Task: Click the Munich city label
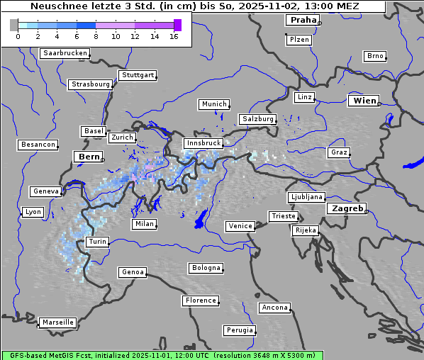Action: point(213,104)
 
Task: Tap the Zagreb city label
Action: point(346,208)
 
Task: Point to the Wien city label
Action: point(364,101)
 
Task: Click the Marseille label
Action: point(57,322)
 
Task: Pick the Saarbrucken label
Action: point(65,53)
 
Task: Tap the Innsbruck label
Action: point(202,143)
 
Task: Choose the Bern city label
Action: point(89,156)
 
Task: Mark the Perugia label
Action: point(239,330)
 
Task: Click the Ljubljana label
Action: point(306,197)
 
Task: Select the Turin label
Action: point(97,242)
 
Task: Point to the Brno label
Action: point(374,56)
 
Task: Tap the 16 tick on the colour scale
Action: point(174,36)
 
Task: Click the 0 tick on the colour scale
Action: point(18,36)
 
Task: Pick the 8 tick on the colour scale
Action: point(96,36)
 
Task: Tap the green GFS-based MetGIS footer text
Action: point(162,355)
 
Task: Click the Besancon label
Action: point(38,145)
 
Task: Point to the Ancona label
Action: point(274,308)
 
